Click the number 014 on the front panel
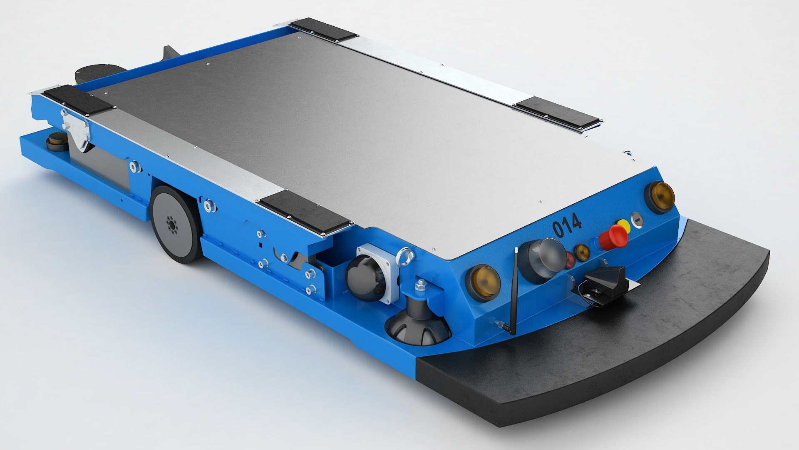point(566,225)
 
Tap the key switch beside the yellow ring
point(637,220)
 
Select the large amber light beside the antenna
point(483,282)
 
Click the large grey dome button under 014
point(541,260)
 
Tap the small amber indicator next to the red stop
point(582,252)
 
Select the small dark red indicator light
point(569,259)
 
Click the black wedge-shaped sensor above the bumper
point(599,283)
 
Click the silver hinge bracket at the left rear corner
point(77,129)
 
